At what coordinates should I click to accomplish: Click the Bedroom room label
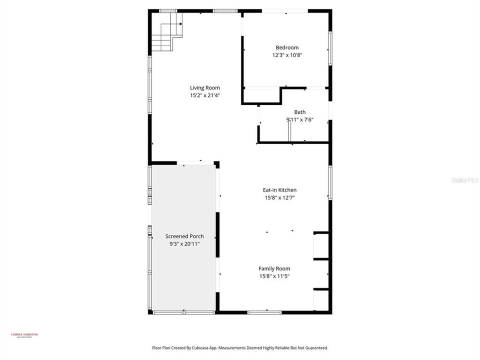[x=287, y=48]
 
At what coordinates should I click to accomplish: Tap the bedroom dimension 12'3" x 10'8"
[x=287, y=55]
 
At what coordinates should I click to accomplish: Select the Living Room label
[x=204, y=88]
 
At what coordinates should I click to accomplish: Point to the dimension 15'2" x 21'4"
[x=204, y=95]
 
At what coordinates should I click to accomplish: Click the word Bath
[x=299, y=112]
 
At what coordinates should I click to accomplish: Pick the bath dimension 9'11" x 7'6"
[x=299, y=119]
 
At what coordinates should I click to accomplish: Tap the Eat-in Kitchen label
[x=279, y=190]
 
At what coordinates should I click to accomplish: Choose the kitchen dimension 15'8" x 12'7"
[x=279, y=197]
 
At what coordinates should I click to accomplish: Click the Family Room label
[x=274, y=268]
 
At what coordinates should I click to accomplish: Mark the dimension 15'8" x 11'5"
[x=274, y=276]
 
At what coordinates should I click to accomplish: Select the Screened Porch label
[x=184, y=236]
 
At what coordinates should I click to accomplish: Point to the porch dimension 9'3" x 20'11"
[x=184, y=244]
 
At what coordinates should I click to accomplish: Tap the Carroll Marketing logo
[x=24, y=335]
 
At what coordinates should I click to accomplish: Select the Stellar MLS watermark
[x=464, y=179]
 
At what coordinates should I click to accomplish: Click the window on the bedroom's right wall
[x=329, y=48]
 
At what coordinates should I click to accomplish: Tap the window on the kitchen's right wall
[x=329, y=182]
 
